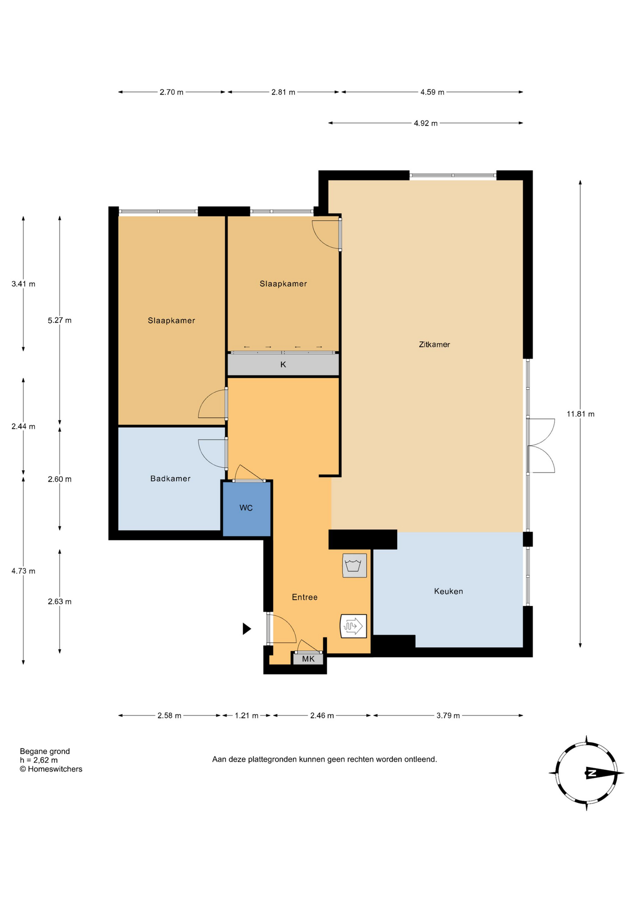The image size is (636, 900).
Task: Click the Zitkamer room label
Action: click(x=434, y=345)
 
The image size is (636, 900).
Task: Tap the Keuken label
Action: click(x=448, y=591)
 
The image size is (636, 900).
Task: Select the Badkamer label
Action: click(x=170, y=479)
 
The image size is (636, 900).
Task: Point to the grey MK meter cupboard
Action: click(x=308, y=659)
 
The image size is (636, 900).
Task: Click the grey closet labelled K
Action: click(x=283, y=365)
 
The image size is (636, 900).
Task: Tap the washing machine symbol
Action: click(x=355, y=565)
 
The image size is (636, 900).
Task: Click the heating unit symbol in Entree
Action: click(x=353, y=626)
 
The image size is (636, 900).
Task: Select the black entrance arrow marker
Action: click(x=247, y=629)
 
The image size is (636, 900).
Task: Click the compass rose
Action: click(x=586, y=773)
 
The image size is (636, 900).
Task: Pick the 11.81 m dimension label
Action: click(x=580, y=414)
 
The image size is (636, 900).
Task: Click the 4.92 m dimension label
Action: click(x=425, y=123)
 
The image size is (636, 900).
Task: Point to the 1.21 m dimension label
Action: click(x=246, y=715)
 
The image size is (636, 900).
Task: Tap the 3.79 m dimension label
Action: click(x=448, y=715)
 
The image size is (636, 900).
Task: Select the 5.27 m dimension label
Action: click(x=59, y=321)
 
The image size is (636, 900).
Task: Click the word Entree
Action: click(x=304, y=597)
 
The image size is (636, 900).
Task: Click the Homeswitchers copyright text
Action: click(x=51, y=769)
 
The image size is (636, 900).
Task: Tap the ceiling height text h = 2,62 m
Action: click(x=39, y=760)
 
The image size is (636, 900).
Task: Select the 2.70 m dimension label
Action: click(x=171, y=92)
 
